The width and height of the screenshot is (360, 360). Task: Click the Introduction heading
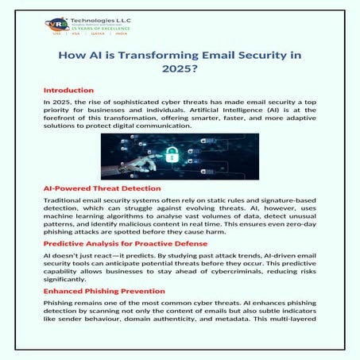click(x=69, y=91)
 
